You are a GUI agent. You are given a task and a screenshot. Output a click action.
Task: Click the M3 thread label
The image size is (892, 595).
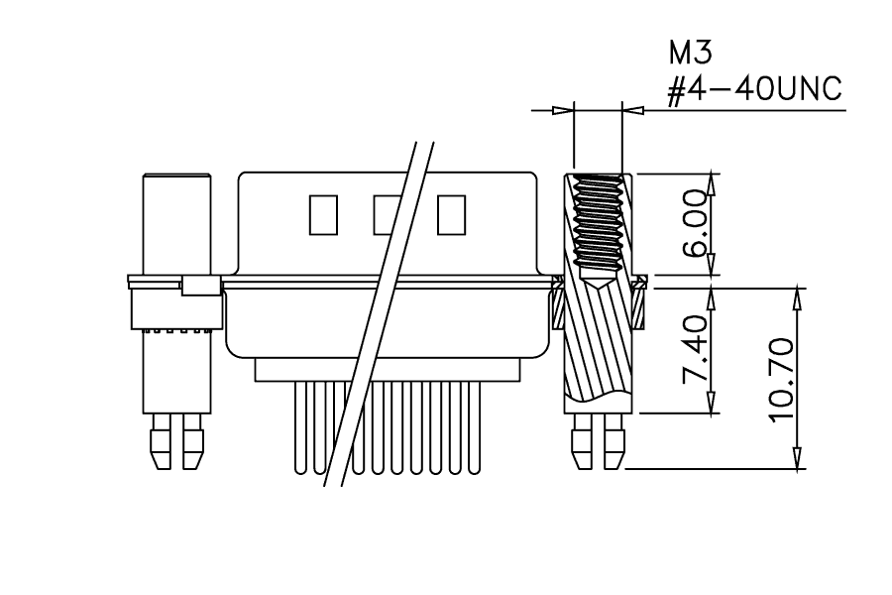point(690,53)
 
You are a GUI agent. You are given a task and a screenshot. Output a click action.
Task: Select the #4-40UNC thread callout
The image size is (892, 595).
point(754,89)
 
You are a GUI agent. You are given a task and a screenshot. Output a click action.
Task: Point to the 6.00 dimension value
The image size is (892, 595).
point(696,223)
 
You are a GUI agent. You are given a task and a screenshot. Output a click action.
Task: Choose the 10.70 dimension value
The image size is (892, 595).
point(782,380)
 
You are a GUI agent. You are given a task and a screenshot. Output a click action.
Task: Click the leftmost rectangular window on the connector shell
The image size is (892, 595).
point(323,214)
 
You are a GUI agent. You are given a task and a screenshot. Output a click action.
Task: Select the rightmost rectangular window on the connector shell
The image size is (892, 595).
point(452,214)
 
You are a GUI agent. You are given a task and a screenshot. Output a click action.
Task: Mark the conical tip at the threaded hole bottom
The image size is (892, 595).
point(598,283)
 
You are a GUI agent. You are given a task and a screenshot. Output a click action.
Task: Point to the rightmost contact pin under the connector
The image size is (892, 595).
point(474,427)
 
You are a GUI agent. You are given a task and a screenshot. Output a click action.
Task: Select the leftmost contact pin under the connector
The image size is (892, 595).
point(300,427)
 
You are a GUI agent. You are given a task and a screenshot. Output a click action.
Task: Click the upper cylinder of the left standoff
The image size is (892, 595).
point(177,224)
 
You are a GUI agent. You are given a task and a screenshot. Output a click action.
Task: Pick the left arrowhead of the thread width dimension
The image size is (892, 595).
point(563,110)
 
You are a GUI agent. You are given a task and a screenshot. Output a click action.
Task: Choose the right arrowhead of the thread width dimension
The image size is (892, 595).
point(633,110)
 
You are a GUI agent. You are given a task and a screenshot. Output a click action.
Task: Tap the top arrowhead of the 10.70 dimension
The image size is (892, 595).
point(798,298)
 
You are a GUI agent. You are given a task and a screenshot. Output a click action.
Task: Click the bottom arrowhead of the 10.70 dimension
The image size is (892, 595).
point(798,459)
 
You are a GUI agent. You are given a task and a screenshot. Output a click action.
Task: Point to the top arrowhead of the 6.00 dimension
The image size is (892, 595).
point(711,183)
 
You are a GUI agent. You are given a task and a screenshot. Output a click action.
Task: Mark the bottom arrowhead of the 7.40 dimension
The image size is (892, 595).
point(711,403)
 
